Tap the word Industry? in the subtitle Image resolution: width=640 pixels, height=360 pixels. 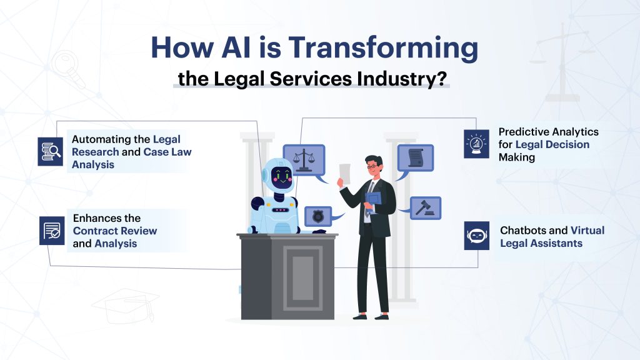pos(411,80)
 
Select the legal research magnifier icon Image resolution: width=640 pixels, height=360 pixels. pos(50,151)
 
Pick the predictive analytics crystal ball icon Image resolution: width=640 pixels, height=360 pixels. pos(476,144)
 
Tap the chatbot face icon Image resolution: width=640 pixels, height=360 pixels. pos(476,236)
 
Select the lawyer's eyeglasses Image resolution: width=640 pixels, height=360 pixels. pos(373,166)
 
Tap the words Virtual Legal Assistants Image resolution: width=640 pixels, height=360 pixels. pos(552,236)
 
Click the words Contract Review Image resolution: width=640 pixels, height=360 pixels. pos(115,231)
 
